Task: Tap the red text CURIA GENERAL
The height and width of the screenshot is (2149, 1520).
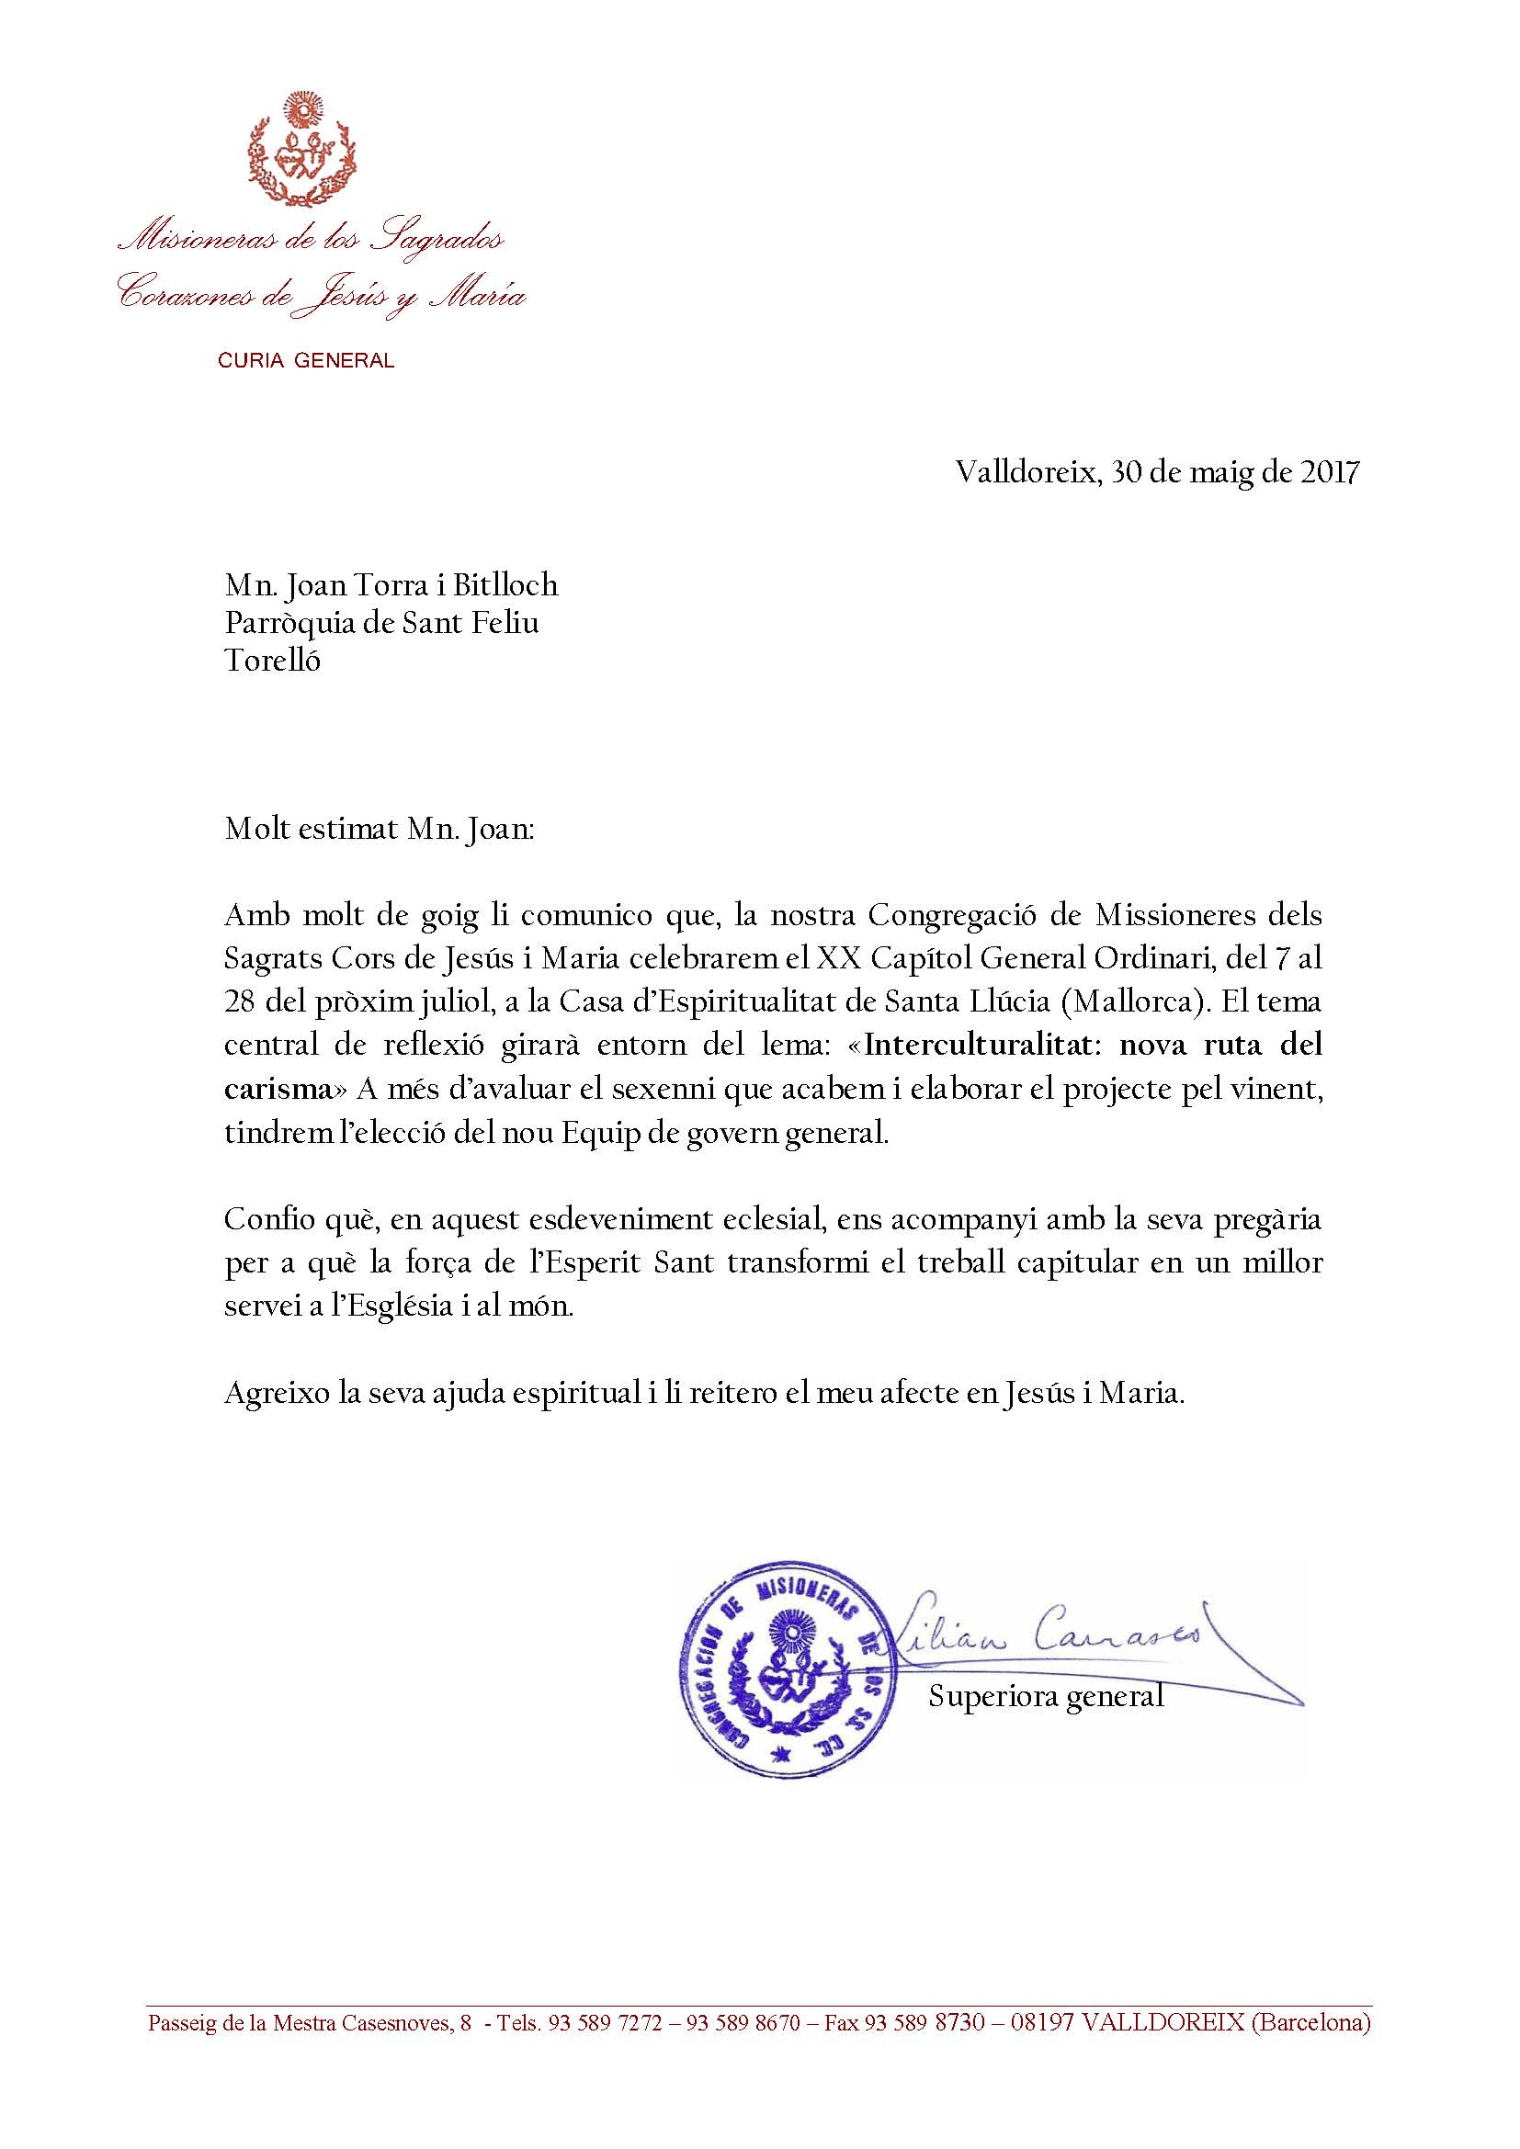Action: tap(306, 360)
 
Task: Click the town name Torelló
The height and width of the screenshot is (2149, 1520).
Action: tap(272, 661)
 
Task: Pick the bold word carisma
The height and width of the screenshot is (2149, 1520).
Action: tap(278, 1089)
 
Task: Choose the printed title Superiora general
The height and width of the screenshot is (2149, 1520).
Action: tap(1046, 1695)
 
